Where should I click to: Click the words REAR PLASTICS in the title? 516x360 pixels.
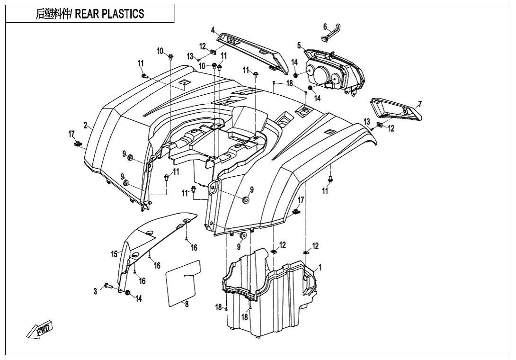[109, 14]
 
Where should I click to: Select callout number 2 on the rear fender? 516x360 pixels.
[85, 126]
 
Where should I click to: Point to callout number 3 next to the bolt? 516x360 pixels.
[95, 291]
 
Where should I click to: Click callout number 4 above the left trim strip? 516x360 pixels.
[213, 30]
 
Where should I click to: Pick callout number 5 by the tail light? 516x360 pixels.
[299, 45]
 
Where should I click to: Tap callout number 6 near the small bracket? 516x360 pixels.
[325, 26]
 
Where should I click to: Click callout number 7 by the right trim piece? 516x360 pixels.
[419, 105]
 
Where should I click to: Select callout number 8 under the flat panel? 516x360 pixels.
[187, 304]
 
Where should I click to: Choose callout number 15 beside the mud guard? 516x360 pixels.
[114, 254]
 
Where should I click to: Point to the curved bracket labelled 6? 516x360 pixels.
[330, 32]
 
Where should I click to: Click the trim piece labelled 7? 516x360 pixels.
[397, 109]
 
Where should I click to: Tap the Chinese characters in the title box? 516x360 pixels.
[53, 14]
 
